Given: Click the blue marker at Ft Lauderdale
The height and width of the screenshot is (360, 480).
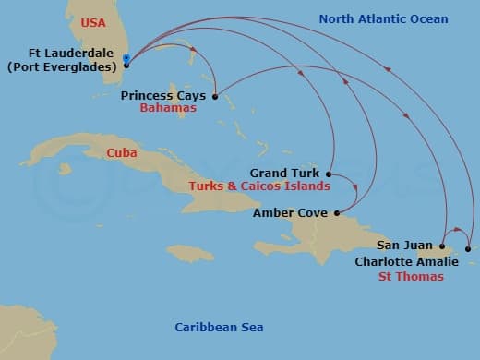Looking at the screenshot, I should point(126,60).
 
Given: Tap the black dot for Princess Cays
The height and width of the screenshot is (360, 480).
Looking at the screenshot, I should point(215,96).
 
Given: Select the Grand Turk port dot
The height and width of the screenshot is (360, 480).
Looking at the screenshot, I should point(329,173).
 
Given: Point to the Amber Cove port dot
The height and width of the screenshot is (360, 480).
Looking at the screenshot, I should point(337,213).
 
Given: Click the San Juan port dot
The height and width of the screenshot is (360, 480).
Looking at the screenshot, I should point(442,246).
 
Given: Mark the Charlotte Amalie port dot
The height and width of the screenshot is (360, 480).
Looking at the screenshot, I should point(468,248).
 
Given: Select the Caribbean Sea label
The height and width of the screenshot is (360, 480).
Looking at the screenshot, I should point(220,328).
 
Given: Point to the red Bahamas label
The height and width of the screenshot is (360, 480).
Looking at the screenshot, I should point(168,108).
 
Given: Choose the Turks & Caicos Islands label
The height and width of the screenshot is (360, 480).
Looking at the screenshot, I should point(258,186).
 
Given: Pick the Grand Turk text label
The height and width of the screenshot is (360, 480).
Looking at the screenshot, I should point(284,173).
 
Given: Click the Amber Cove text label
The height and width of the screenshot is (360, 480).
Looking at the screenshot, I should point(290,213).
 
